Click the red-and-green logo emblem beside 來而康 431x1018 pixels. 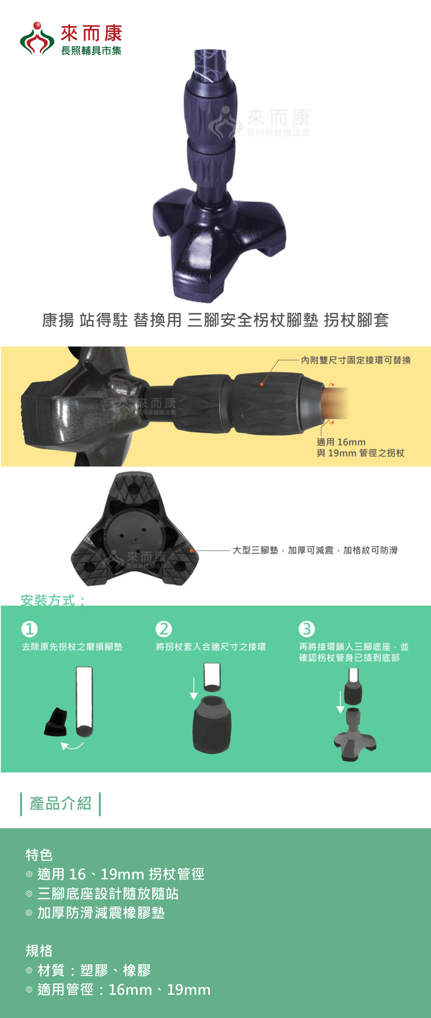37,39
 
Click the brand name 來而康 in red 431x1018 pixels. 91,33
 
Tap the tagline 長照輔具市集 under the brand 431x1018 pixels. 91,51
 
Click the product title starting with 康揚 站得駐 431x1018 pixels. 215,320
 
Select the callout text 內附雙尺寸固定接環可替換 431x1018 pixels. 356,360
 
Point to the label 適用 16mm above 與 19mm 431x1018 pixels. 341,442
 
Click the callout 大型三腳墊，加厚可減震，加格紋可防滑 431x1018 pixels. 315,550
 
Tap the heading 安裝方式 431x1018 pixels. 53,600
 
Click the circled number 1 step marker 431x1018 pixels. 29,629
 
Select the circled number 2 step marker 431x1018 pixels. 163,629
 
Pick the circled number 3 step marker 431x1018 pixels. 307,629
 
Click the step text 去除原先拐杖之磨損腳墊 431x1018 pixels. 72,647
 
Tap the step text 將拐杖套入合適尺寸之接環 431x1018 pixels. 211,647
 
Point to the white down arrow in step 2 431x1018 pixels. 194,689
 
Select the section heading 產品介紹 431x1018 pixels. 61,803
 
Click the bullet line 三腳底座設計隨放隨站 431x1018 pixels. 108,893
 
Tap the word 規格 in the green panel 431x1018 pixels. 39,951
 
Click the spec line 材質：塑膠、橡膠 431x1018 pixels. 94,970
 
